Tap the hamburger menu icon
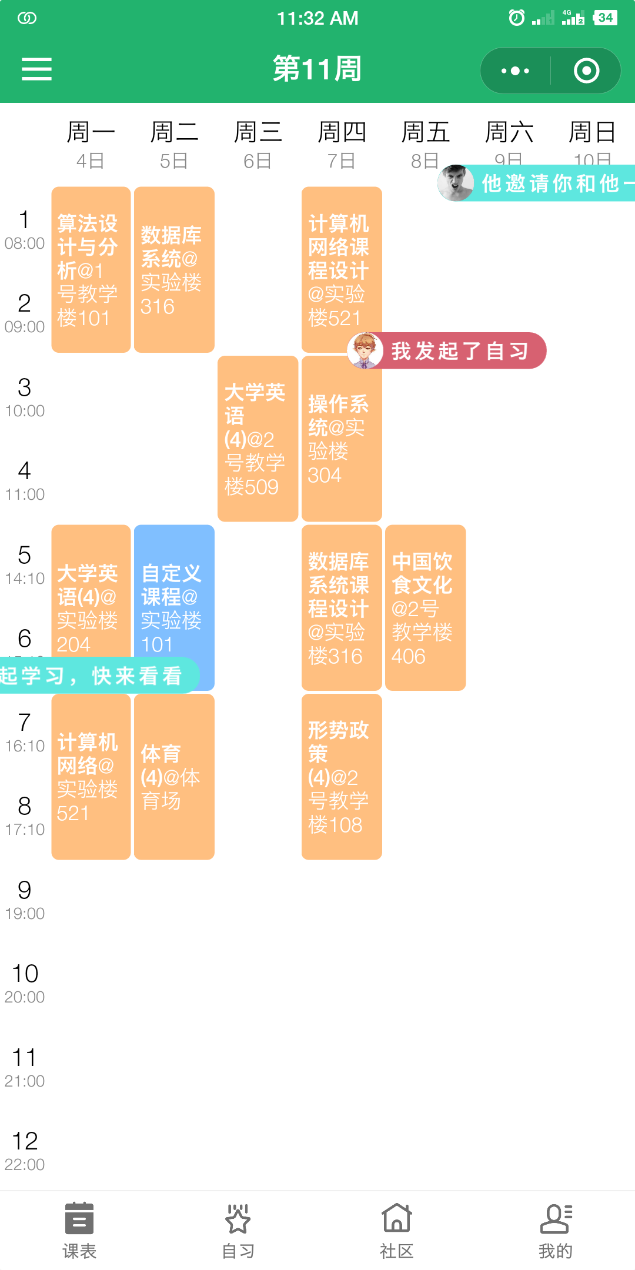pos(36,69)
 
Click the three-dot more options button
pos(515,71)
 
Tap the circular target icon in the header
pos(586,71)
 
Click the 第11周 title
pos(317,69)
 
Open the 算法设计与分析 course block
pos(91,270)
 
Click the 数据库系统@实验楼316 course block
pos(174,270)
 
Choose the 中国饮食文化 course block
pos(425,607)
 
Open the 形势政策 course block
pos(341,776)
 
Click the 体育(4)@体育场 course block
pos(174,776)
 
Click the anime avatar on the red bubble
pos(365,351)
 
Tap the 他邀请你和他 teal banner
pos(550,183)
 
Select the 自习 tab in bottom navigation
pos(238,1230)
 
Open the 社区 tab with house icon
pos(397,1230)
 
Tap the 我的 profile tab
pos(556,1230)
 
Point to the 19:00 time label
pos(25,913)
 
